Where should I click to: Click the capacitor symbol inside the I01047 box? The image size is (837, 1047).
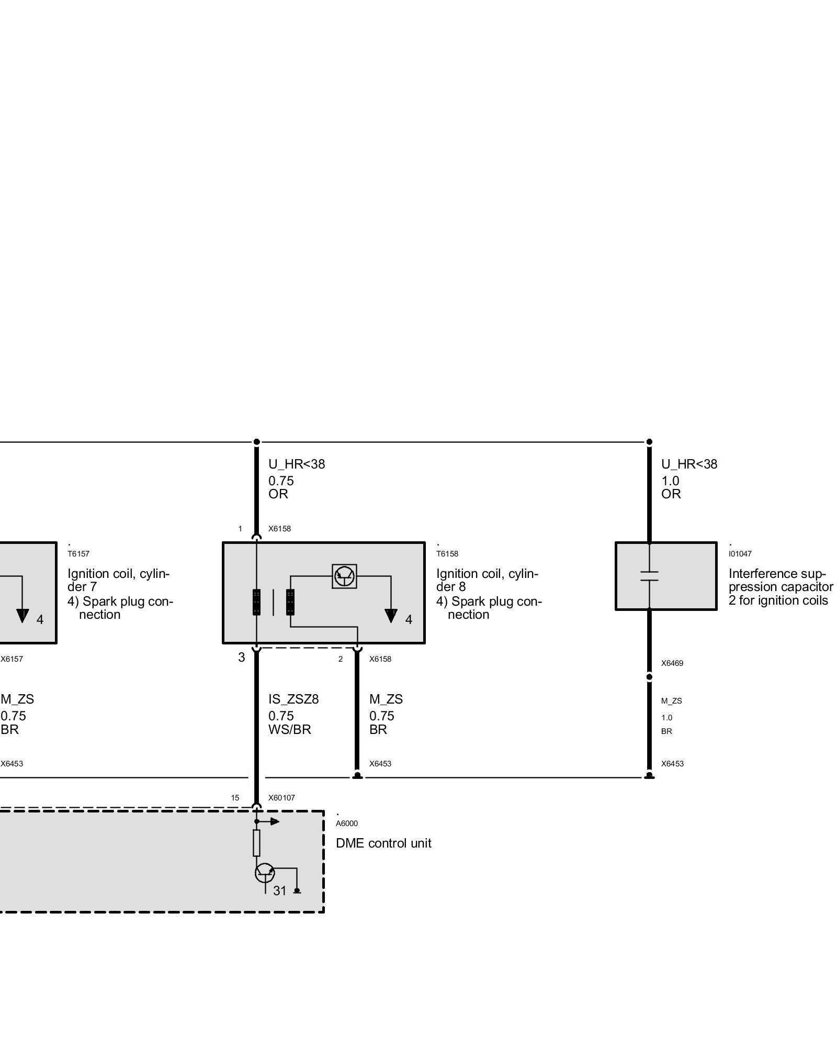pos(649,576)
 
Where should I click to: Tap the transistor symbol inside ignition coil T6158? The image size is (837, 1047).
pos(344,576)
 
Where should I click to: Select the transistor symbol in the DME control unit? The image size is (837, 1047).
pos(265,872)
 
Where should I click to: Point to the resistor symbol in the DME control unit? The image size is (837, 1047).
pos(256,843)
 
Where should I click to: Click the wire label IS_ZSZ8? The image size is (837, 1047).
pos(293,699)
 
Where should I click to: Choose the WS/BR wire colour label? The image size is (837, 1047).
pos(289,729)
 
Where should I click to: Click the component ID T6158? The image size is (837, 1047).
pos(447,554)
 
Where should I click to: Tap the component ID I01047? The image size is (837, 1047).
pos(740,554)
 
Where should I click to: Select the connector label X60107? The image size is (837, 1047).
pos(281,798)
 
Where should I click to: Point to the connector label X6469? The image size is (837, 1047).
pos(672,663)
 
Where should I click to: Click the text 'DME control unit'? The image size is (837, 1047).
pos(383,843)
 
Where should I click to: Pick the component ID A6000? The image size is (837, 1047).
pos(346,823)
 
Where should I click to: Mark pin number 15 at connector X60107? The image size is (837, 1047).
pos(235,798)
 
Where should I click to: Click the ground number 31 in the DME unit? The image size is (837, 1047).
pos(280,890)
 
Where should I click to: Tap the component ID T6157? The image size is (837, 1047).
pos(78,554)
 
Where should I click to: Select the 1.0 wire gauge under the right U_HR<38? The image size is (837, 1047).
pos(670,481)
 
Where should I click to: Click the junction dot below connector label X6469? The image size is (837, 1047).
pos(649,677)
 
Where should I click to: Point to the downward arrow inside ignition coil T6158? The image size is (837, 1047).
pos(391,616)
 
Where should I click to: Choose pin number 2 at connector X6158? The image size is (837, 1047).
pos(340,659)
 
